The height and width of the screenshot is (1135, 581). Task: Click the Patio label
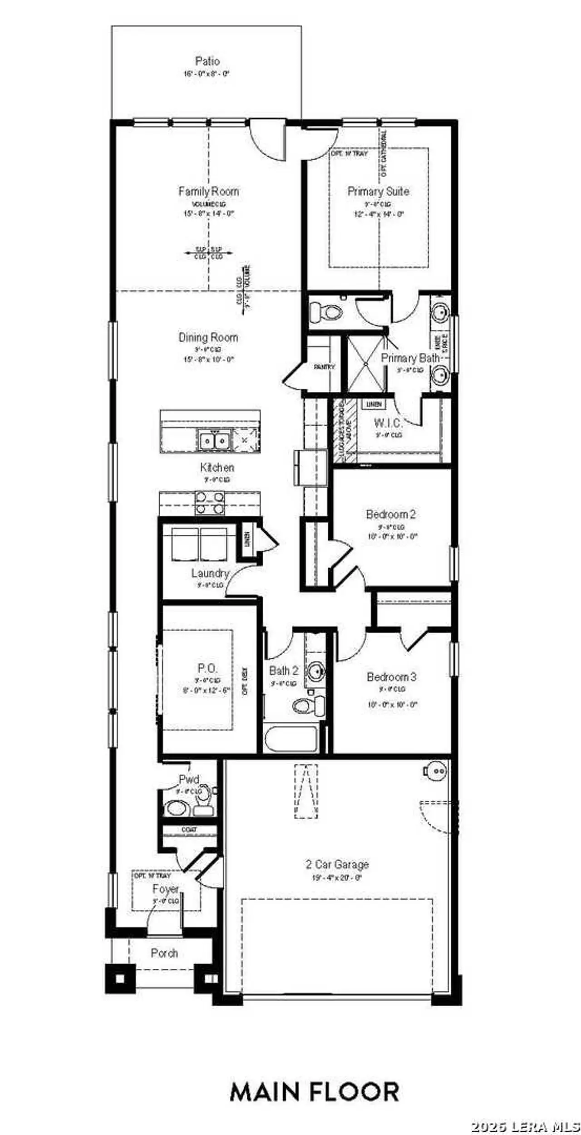[x=207, y=61]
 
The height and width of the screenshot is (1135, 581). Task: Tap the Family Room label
[x=208, y=191]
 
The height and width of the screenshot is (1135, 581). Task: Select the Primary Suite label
[x=378, y=191]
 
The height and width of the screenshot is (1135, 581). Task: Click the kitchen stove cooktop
[x=210, y=503]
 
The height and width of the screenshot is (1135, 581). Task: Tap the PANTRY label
[x=324, y=367]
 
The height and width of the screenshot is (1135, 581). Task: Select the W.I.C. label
[x=388, y=423]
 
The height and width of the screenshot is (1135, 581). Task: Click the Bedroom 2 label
[x=391, y=514]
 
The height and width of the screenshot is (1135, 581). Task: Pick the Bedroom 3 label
[x=391, y=677]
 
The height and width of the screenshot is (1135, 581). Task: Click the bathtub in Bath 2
[x=291, y=739]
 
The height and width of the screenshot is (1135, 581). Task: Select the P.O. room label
[x=207, y=668]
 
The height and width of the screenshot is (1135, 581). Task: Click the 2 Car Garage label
[x=337, y=864]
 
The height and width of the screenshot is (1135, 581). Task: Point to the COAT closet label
[x=189, y=829]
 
